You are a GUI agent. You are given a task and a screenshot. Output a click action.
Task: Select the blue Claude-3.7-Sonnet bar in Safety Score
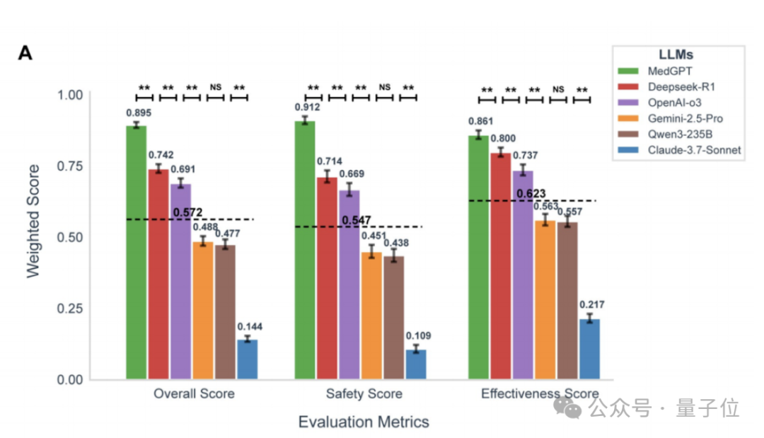coord(415,364)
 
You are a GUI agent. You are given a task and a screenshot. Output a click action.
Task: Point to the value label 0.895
coord(139,113)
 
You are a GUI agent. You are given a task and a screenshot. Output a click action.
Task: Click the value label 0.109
coord(417,335)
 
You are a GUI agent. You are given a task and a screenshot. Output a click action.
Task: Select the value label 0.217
coord(591,305)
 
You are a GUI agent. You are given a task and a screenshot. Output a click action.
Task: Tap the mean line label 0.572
coord(187,212)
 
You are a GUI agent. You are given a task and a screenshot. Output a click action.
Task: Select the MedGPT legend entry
coord(668,71)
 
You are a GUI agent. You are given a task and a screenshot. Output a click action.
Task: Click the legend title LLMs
coord(676,54)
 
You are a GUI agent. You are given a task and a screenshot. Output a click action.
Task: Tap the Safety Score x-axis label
coord(364,393)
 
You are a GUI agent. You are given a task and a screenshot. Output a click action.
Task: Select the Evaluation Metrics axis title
coord(363,422)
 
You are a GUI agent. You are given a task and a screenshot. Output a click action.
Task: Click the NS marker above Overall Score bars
coord(215,87)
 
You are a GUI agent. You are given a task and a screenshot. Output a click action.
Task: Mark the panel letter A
coord(25,53)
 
